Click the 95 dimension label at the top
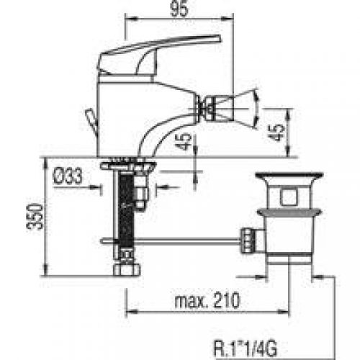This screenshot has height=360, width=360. (x=179, y=9)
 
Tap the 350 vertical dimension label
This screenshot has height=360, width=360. (x=35, y=216)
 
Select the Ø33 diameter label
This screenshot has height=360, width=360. (x=68, y=176)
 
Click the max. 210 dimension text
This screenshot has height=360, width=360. (x=207, y=300)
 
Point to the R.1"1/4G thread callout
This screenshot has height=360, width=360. (x=246, y=348)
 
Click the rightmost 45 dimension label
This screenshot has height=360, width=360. (x=276, y=132)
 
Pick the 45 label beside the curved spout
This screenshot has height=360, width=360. (x=184, y=142)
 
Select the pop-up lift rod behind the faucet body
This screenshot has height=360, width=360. (x=91, y=122)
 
